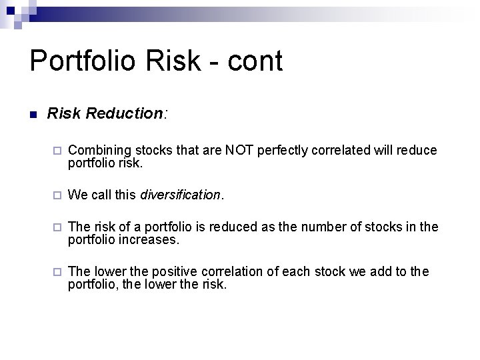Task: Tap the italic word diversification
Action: [x=180, y=195]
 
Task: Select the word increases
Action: [x=151, y=239]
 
